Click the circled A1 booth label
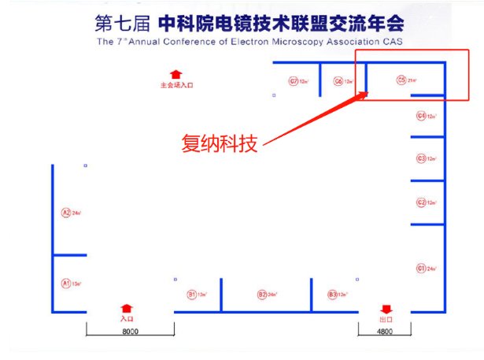[66, 282]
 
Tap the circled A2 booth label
[66, 212]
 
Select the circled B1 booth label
[190, 295]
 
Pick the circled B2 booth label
[262, 295]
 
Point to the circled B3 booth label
[332, 295]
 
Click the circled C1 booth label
[421, 269]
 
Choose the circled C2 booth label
[421, 202]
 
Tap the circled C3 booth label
[421, 158]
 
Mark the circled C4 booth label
[421, 116]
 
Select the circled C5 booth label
[401, 80]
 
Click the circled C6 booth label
[338, 80]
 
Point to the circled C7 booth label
[293, 80]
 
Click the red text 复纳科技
[220, 143]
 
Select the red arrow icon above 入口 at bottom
[127, 309]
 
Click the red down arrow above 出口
[386, 309]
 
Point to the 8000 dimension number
[131, 332]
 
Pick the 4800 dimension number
[385, 332]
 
